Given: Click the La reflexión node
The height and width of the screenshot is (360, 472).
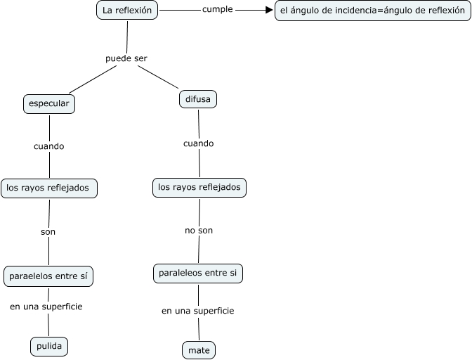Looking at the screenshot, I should coord(127,11).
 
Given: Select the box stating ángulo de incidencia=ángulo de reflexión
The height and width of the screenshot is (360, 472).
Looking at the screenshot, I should coord(372,11).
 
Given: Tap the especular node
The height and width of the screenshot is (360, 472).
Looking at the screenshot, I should coord(49,103).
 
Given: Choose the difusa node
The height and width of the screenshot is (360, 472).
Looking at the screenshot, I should coord(198,99).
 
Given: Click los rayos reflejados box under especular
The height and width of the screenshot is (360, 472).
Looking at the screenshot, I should coord(49,188).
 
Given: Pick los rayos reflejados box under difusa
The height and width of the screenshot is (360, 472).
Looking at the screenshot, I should coord(199,187).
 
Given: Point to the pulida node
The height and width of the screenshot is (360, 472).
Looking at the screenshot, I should coord(50,346).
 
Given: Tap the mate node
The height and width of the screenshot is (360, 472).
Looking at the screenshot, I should coord(198,349).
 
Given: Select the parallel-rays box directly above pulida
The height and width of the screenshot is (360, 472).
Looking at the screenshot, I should coord(48,276).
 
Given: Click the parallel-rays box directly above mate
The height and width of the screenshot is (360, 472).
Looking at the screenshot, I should coord(198,273).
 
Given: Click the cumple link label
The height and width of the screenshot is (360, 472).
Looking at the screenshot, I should coord(217,10).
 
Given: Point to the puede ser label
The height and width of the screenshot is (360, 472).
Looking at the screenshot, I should coord(126,58).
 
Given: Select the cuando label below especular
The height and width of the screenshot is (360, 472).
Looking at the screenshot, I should coord(49,146).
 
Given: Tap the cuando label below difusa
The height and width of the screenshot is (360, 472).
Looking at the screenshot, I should coord(199,143).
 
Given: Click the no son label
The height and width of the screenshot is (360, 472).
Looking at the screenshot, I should coord(199,230).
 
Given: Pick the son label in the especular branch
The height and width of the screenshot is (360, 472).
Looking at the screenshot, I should coord(48,231).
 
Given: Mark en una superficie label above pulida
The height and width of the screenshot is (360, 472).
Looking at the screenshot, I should coord(46,307).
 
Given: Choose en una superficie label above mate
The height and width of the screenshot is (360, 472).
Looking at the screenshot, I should coord(197,310).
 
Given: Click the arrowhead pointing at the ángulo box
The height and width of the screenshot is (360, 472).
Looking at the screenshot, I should coord(269,11).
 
